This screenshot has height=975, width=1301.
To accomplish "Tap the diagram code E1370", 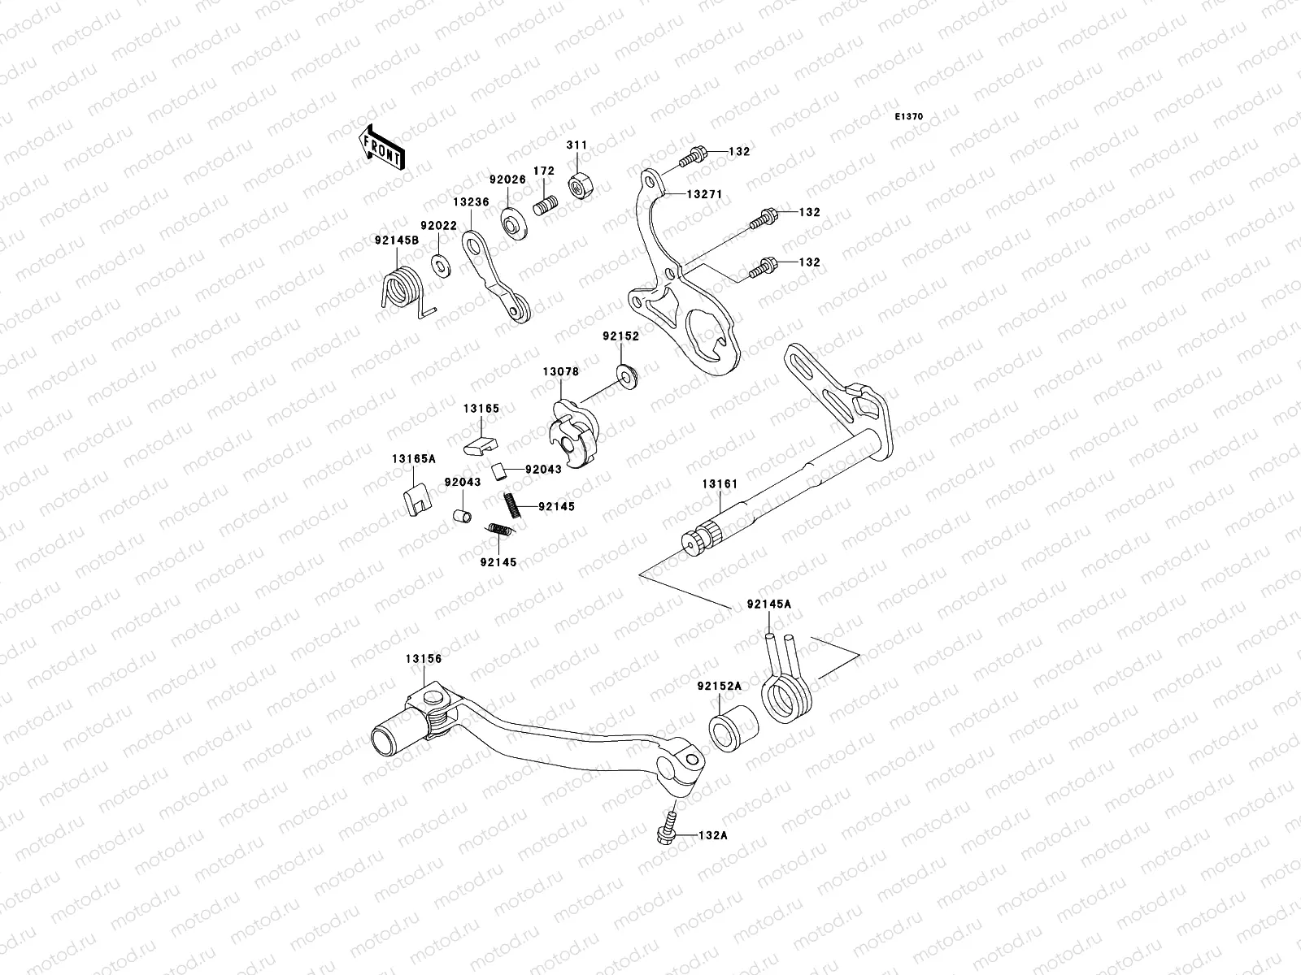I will (x=909, y=117).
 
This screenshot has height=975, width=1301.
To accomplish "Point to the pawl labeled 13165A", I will (x=416, y=500).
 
